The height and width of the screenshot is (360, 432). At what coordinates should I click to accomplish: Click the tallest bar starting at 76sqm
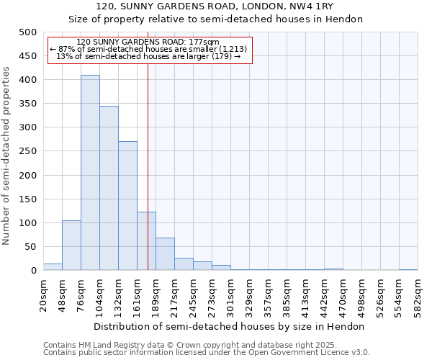(90, 173)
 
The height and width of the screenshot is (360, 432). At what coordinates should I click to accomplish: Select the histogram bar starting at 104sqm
(109, 188)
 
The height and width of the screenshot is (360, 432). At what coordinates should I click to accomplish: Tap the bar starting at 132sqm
(127, 206)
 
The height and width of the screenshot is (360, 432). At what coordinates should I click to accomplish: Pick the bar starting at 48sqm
(71, 246)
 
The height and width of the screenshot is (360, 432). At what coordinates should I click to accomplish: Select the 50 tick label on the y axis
(30, 247)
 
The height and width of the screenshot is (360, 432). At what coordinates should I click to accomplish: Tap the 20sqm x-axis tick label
(44, 294)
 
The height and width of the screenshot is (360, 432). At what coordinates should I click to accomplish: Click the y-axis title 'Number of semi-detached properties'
(6, 156)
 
